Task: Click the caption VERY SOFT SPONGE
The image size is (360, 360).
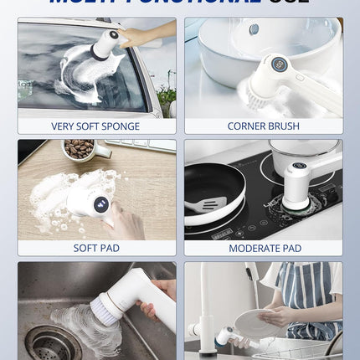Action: pyautogui.click(x=96, y=126)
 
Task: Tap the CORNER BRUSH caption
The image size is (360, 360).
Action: pyautogui.click(x=263, y=126)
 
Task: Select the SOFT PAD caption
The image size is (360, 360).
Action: pyautogui.click(x=96, y=248)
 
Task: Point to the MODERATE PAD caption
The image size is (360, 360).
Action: pyautogui.click(x=263, y=248)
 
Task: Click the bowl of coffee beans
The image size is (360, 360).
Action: pyautogui.click(x=80, y=148)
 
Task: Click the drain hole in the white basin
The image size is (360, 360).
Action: pyautogui.click(x=254, y=29)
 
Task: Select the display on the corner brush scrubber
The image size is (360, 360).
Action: pyautogui.click(x=280, y=64)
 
